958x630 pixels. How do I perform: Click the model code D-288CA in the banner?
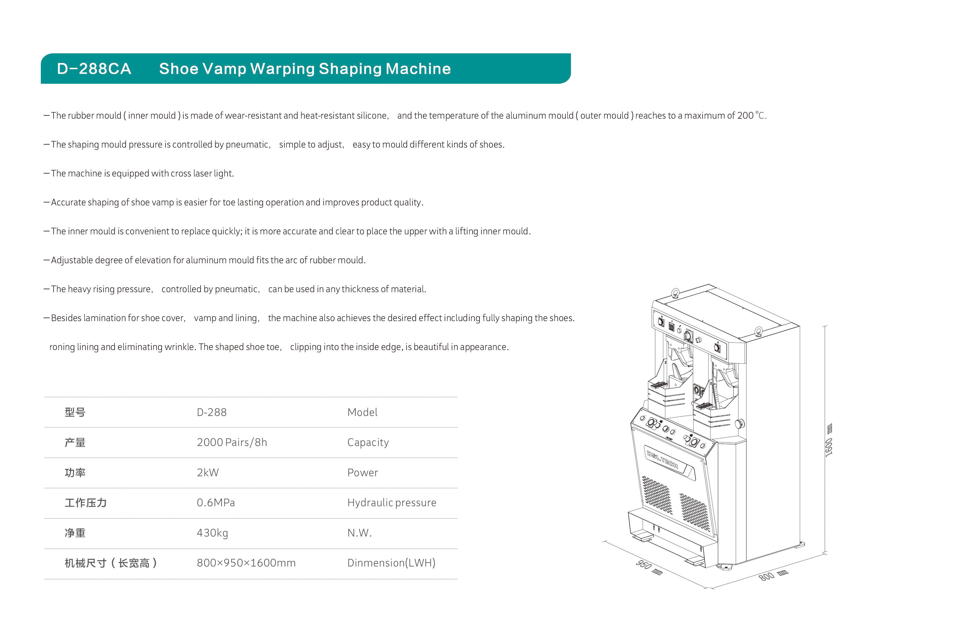point(94,69)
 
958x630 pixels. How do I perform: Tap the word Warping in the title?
point(282,69)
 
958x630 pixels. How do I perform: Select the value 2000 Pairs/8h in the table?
point(232,442)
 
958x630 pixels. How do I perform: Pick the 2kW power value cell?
point(208,473)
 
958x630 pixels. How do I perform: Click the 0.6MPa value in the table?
point(216,503)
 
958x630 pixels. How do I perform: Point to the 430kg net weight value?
point(212,533)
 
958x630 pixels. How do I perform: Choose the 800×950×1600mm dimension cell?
point(246,563)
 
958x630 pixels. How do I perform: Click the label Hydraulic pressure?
point(392,503)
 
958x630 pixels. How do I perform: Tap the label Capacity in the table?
point(368,442)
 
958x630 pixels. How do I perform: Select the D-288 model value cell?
point(212,412)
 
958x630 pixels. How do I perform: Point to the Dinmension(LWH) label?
point(391,563)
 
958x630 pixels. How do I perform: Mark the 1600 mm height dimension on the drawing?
point(829,441)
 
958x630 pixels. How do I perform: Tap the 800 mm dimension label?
point(773,575)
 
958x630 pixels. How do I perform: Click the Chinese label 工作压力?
point(85,503)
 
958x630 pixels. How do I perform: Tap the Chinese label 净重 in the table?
point(75,533)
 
